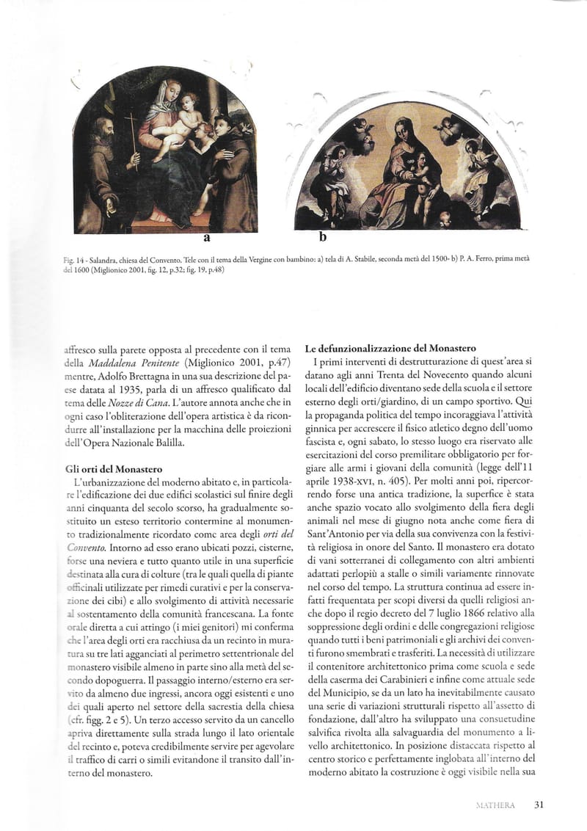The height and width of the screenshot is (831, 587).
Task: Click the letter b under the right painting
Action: click(x=323, y=237)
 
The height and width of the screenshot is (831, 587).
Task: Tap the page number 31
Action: click(x=539, y=805)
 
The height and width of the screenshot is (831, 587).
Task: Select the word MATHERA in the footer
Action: click(x=495, y=805)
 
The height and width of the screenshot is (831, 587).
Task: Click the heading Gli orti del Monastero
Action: click(x=113, y=468)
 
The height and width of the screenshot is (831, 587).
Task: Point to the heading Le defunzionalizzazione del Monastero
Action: click(x=390, y=348)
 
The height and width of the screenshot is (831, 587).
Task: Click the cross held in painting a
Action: click(x=132, y=132)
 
